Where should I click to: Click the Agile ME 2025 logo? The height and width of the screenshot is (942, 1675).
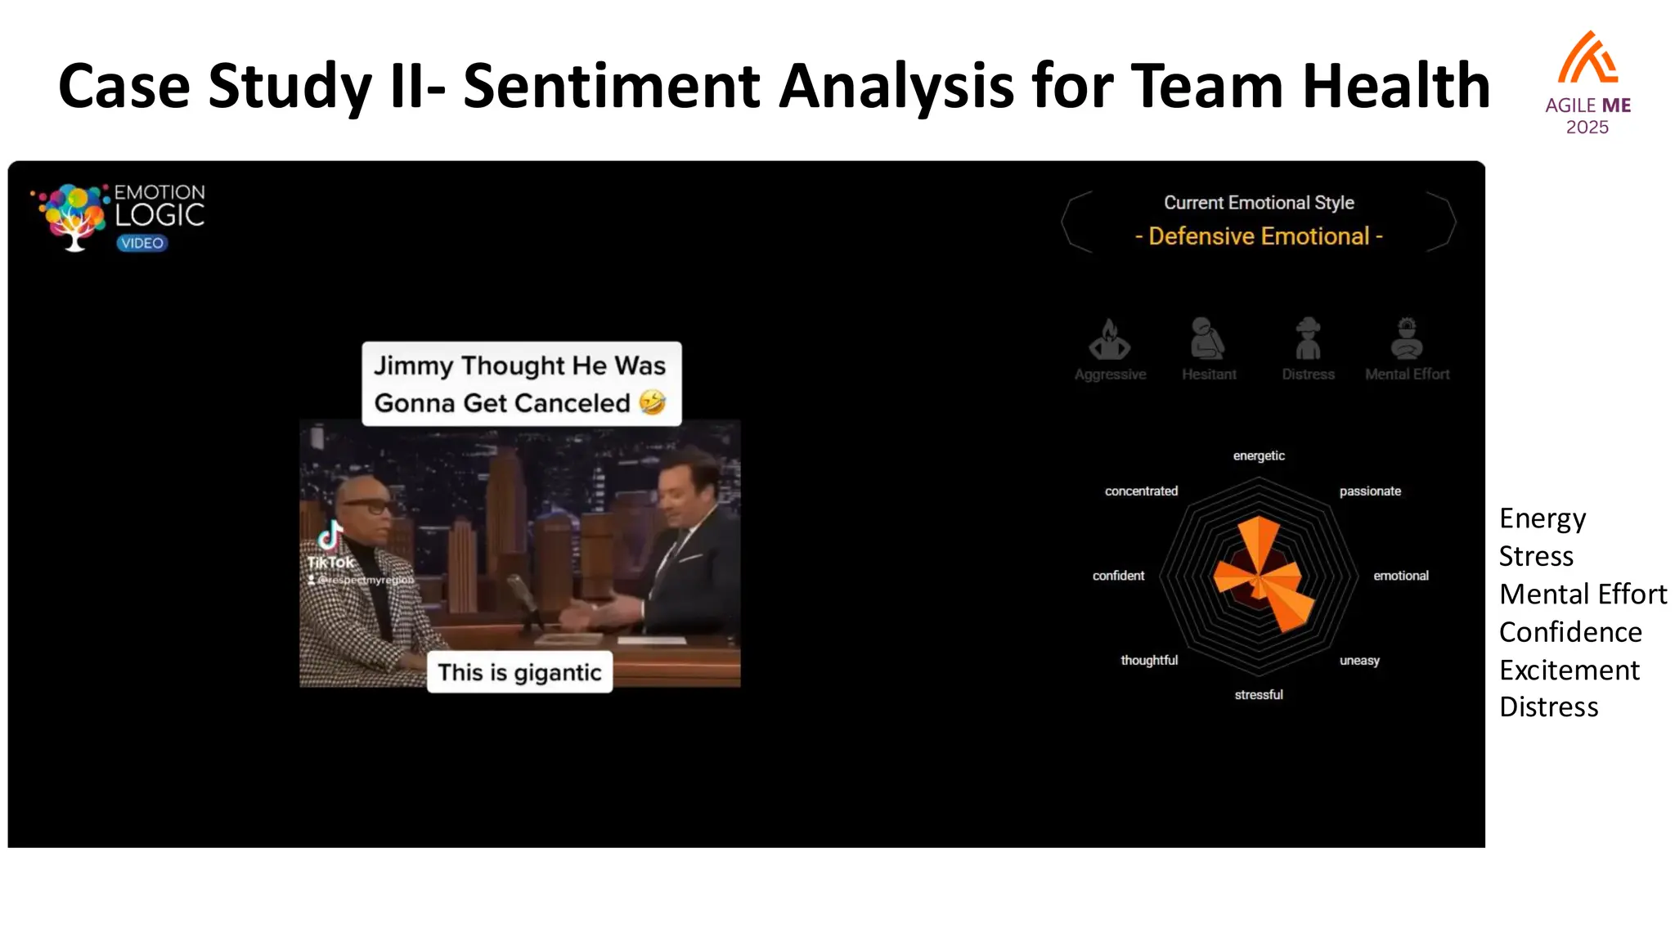pos(1587,82)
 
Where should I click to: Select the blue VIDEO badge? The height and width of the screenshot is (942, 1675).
pos(142,243)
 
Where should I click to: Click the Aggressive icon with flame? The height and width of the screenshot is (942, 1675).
pos(1110,340)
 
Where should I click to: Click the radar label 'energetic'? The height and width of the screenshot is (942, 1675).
pos(1259,455)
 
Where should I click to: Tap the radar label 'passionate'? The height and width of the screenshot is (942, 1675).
pos(1370,491)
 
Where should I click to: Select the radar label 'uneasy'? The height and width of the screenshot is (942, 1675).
pos(1359,660)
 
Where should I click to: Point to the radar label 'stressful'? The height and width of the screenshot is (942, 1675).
pos(1259,694)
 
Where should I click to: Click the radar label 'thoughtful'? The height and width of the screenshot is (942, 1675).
pos(1149,660)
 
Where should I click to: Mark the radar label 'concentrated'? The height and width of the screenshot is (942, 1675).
pos(1141,491)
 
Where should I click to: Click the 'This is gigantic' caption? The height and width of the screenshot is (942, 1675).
pos(519,672)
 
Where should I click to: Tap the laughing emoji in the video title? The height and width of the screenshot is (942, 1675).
pos(652,402)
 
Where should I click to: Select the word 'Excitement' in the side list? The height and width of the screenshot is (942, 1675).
pos(1569,670)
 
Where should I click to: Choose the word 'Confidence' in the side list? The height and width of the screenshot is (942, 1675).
pos(1570,632)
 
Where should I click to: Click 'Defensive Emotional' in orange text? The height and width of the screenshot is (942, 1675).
pos(1259,236)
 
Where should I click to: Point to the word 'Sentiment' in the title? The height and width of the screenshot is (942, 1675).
pos(611,86)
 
